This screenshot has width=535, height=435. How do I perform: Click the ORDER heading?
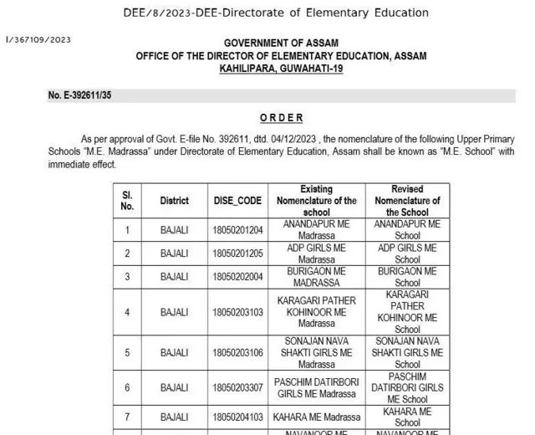click(281, 119)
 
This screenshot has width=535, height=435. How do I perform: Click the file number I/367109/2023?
click(38, 39)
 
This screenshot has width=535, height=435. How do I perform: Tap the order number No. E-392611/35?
click(79, 95)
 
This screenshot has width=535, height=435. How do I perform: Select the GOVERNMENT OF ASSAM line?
click(281, 43)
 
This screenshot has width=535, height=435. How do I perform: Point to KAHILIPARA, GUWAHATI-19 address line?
click(281, 68)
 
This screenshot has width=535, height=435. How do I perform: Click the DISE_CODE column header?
click(237, 201)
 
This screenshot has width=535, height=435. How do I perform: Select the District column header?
click(175, 201)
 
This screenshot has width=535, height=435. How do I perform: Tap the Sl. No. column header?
click(127, 201)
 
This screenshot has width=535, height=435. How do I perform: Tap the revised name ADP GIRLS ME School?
click(407, 253)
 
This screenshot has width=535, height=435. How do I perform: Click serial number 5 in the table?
click(127, 353)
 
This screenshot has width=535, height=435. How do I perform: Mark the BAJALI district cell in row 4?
click(175, 312)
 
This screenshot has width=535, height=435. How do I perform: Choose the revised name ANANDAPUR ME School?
click(407, 230)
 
